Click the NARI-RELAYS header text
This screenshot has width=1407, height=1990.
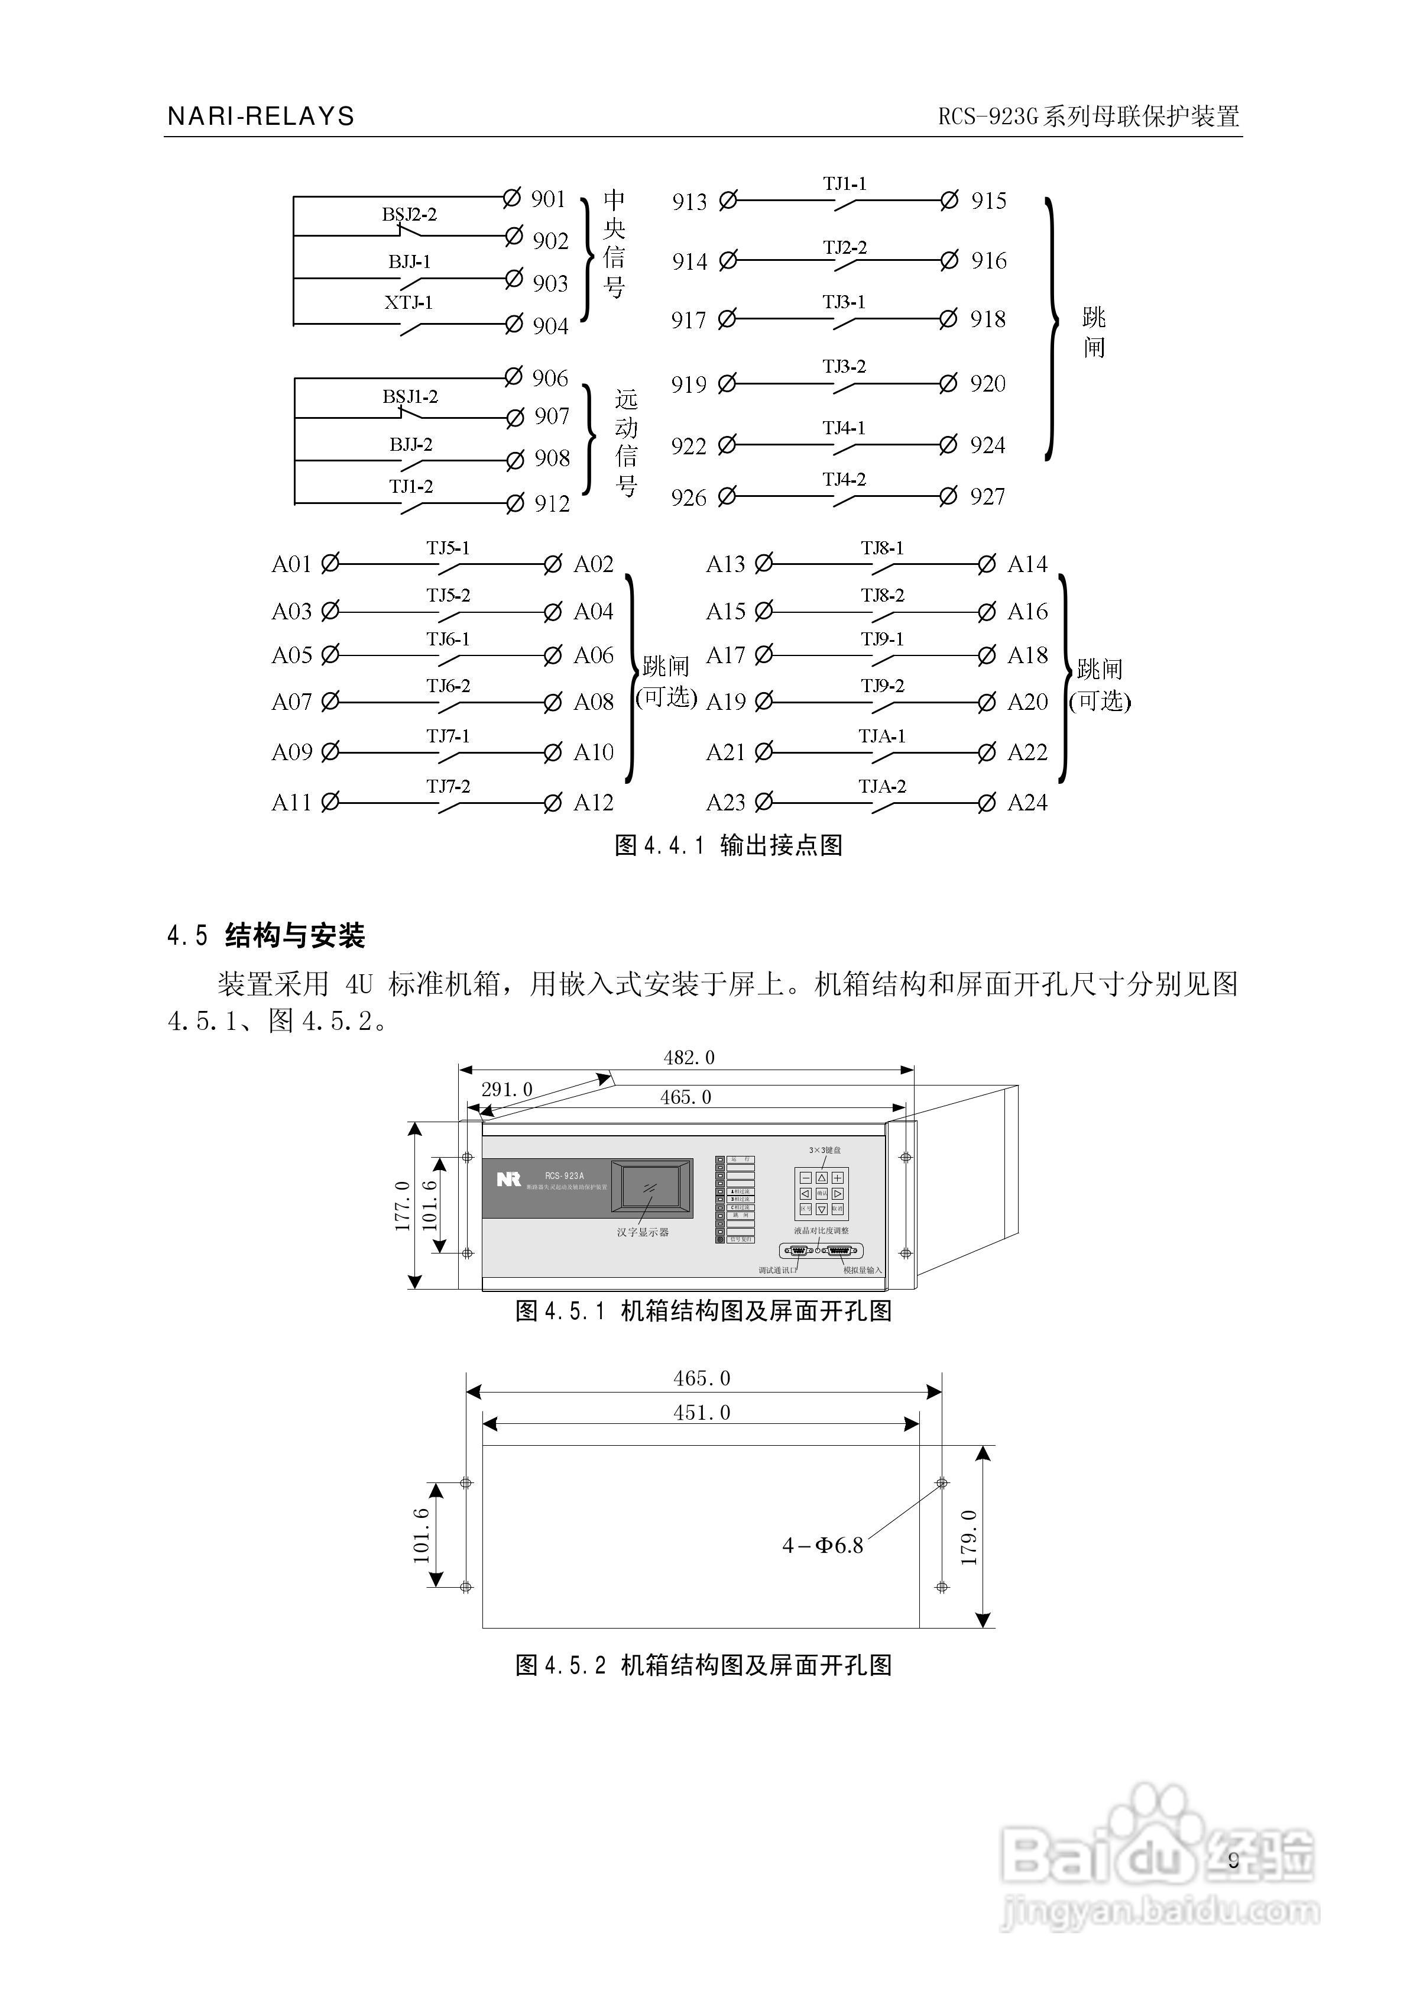click(x=261, y=117)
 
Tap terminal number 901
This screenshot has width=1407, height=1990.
click(x=549, y=199)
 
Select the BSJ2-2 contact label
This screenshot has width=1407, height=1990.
click(x=409, y=214)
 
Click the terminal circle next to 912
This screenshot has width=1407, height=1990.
click(x=516, y=503)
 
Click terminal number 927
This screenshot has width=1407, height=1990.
click(x=988, y=497)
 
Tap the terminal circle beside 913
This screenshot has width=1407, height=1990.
click(x=728, y=201)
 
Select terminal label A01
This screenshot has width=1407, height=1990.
click(x=291, y=564)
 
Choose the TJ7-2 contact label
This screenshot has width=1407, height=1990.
click(x=448, y=786)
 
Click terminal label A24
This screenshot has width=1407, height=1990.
click(x=1027, y=803)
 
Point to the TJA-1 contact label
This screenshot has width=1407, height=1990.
click(x=882, y=736)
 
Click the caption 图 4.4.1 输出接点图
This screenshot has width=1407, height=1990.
click(x=728, y=845)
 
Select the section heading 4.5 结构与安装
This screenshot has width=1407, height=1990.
click(x=266, y=935)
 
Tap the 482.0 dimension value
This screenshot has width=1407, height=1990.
click(x=689, y=1057)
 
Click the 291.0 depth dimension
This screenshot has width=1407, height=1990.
click(x=507, y=1090)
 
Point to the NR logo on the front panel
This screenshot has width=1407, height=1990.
click(x=508, y=1179)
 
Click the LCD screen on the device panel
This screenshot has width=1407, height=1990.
click(x=651, y=1187)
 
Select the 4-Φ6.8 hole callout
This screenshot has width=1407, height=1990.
click(x=822, y=1545)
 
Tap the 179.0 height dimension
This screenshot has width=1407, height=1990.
click(x=970, y=1537)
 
